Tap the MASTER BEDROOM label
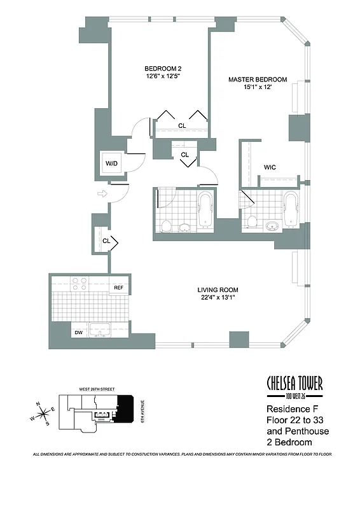pos(258,83)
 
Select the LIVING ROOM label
pos(219,293)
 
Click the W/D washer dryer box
pos(112,164)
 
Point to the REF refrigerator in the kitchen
pos(118,288)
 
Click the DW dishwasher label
pos(78,331)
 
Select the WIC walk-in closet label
pos(270,168)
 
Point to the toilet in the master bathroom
pos(252,221)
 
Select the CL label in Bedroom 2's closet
pos(182,125)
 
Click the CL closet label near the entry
pos(107,241)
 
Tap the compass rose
pos(44,414)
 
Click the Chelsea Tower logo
pos(294,384)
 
